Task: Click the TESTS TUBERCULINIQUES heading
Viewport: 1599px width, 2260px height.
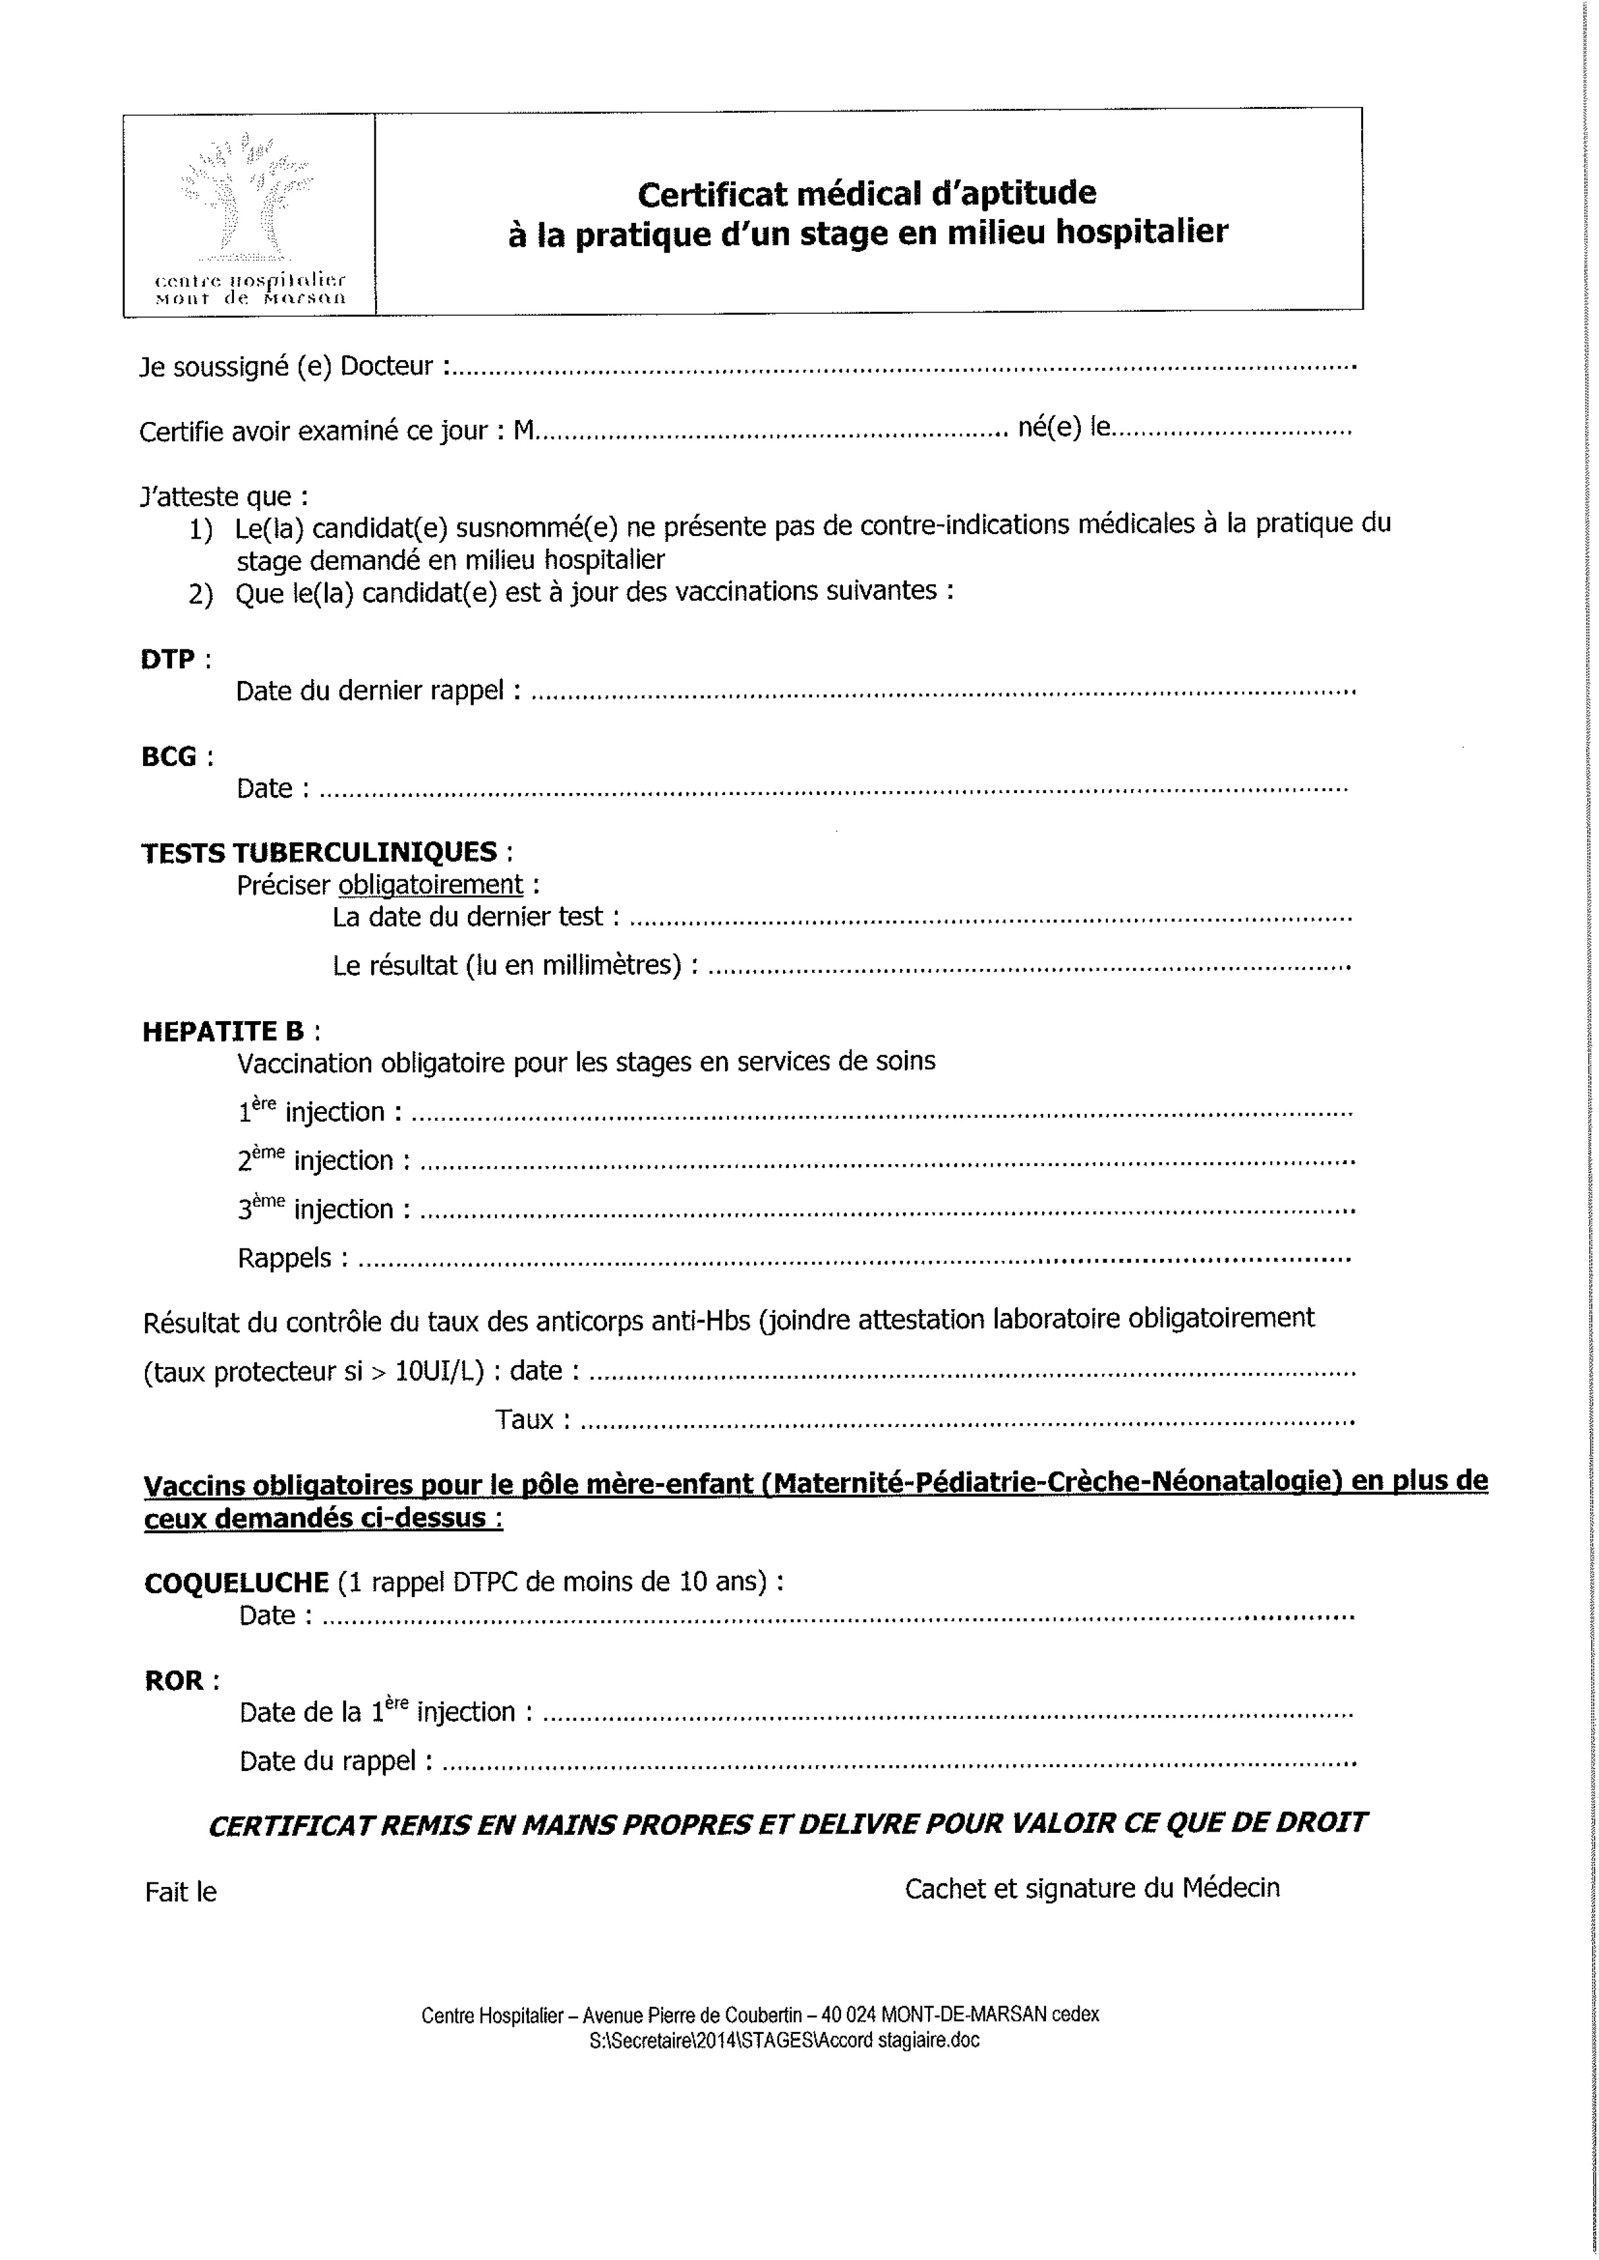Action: click(x=319, y=852)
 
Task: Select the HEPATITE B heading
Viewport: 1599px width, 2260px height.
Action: click(x=224, y=1031)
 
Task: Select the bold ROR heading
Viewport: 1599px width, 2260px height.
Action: click(x=174, y=1680)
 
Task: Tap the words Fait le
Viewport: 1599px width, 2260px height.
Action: click(x=180, y=1892)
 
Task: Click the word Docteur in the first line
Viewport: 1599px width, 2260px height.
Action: click(x=387, y=366)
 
